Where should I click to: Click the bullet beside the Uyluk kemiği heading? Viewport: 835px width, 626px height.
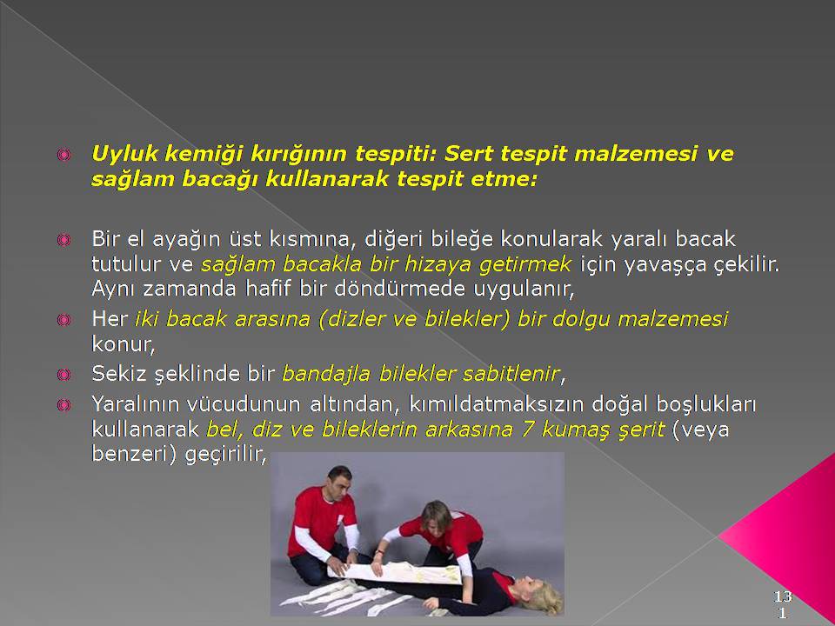click(x=63, y=155)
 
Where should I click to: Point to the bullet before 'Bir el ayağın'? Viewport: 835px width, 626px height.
click(x=63, y=240)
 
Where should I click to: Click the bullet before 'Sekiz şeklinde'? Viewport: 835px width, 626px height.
click(x=63, y=374)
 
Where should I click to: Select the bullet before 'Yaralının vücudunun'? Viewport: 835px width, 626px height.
click(x=63, y=405)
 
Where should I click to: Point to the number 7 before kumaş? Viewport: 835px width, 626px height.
click(x=527, y=430)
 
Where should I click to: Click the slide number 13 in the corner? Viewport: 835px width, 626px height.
click(x=783, y=596)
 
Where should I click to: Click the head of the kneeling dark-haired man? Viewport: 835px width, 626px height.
click(x=338, y=481)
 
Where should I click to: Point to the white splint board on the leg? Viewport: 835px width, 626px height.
click(x=395, y=572)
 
